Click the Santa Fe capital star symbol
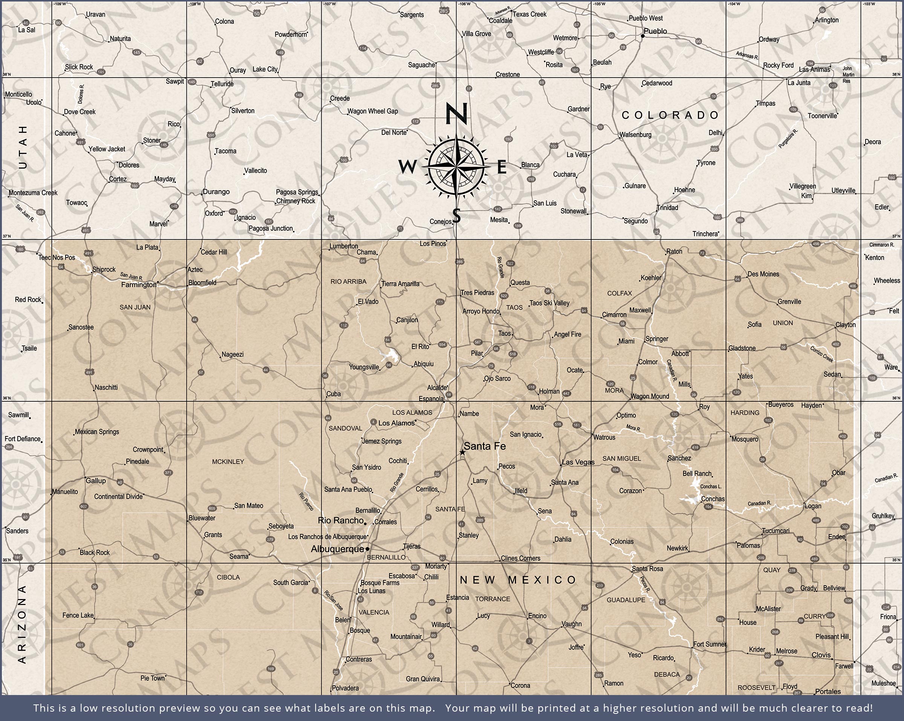point(462,452)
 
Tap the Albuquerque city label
point(337,549)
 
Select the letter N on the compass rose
point(456,114)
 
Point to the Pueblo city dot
point(642,36)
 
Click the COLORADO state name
point(670,115)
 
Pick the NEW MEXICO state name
point(518,580)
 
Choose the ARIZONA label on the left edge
point(22,624)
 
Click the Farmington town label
point(138,285)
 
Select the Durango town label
point(216,192)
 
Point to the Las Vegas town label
point(578,462)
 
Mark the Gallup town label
point(96,481)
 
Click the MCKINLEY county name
point(228,462)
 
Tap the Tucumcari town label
point(776,531)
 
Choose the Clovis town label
point(821,655)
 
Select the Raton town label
point(674,252)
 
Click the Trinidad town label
point(667,208)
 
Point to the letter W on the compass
point(407,167)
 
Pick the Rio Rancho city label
point(341,521)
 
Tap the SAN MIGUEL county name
point(621,459)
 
